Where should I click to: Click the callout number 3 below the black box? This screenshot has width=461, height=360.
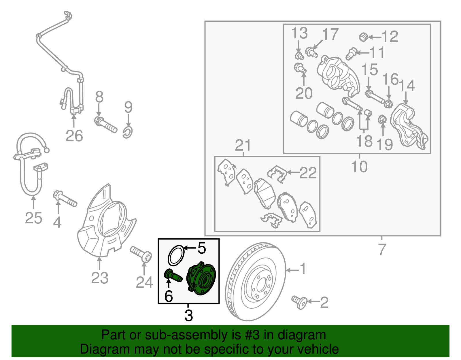[188, 315]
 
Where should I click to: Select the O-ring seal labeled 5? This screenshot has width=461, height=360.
[176, 255]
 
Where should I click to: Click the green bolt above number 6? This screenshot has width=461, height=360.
[173, 275]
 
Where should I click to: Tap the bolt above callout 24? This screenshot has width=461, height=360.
[141, 253]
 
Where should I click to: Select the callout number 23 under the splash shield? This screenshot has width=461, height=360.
[100, 278]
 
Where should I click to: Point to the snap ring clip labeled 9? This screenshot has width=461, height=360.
[127, 132]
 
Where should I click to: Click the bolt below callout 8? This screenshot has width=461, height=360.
[105, 124]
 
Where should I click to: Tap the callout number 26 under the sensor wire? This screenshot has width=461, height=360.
[74, 136]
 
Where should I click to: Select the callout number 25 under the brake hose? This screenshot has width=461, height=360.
[33, 218]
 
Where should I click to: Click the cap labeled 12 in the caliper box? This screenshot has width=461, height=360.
[364, 37]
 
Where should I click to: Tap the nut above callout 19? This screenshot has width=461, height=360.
[382, 119]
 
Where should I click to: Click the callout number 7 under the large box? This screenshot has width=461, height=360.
[382, 250]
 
